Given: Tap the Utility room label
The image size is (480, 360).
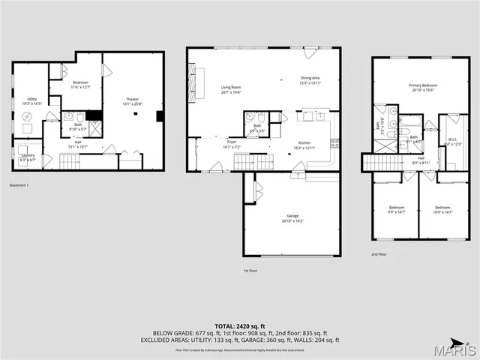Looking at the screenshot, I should pos(32,98).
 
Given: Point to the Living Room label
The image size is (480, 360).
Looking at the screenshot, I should pos(231,88).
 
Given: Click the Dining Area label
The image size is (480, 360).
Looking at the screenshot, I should pos(310,77).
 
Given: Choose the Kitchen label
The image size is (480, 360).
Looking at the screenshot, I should pos(304,142).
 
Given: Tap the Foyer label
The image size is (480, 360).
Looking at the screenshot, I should pos(232,141).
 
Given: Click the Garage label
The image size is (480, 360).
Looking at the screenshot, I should pos(292,215).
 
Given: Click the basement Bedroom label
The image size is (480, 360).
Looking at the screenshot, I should pos(80,82).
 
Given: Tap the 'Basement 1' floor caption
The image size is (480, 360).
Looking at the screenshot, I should pos(19,185).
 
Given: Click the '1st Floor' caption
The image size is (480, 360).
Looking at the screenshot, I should pos(250,270).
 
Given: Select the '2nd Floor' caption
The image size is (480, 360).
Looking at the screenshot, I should pos(380,253).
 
